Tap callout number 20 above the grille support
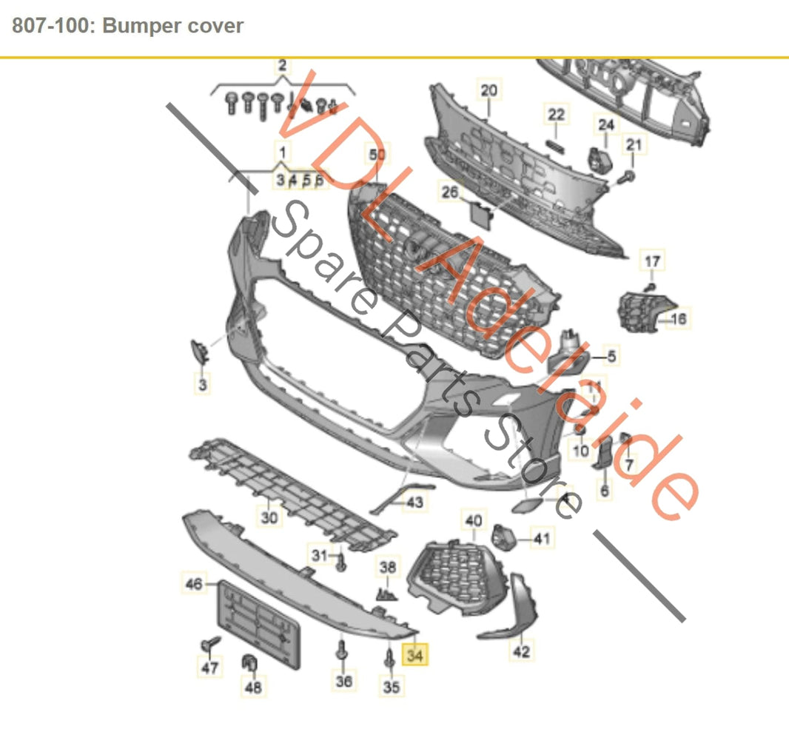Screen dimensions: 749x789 click(488, 91)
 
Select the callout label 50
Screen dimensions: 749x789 click(377, 155)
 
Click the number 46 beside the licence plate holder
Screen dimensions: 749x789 click(194, 584)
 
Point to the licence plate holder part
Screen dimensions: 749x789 click(256, 625)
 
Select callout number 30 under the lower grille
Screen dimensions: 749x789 click(270, 517)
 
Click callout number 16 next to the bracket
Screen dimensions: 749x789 click(677, 319)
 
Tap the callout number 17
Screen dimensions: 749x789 click(652, 261)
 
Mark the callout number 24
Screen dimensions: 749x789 click(606, 124)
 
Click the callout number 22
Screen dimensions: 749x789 click(556, 114)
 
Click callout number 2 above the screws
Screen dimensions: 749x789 click(282, 66)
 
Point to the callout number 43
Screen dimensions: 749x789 click(414, 503)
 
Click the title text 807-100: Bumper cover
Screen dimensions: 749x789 click(128, 26)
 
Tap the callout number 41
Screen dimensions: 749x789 click(543, 539)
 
